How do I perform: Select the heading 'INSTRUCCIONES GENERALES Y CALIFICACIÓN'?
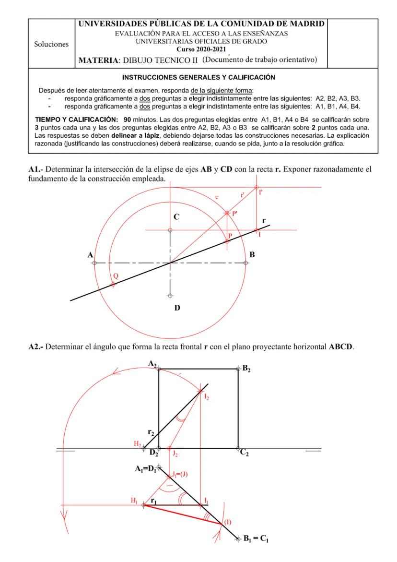198,77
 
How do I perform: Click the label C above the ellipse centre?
176,217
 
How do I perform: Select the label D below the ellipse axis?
176,308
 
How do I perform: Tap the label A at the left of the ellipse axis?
90,255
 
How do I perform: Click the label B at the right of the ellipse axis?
252,255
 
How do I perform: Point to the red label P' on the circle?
235,215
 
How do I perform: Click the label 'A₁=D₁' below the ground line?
144,470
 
